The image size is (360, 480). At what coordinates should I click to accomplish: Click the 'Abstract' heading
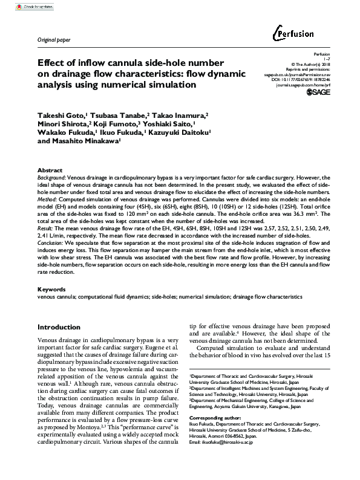pos(50,171)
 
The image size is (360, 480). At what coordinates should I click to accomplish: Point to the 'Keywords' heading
pos(53,290)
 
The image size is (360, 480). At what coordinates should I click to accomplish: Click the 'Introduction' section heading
pos(59,327)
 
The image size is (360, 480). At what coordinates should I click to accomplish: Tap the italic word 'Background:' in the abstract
pos(51,179)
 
